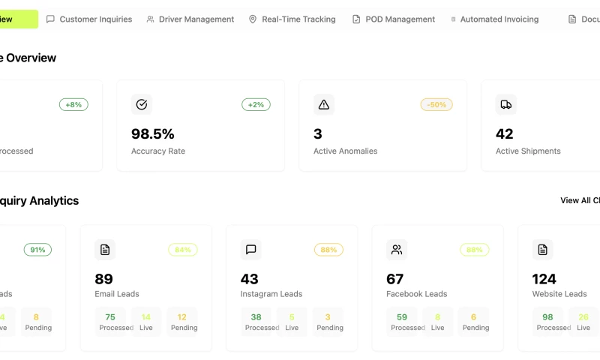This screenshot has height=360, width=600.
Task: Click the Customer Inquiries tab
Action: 89,19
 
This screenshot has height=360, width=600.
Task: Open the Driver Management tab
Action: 190,19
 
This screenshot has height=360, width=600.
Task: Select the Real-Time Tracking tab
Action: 292,19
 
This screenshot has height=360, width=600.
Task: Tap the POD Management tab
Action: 394,19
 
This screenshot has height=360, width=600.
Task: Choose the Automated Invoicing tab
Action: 495,19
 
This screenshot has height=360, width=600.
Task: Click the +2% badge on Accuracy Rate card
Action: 256,105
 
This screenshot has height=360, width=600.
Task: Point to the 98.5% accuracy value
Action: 153,134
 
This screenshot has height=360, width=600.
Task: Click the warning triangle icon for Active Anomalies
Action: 324,105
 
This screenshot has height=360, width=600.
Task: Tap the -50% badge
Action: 436,105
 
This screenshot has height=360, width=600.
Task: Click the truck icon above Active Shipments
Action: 506,105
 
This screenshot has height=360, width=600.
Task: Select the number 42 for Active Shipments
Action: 505,134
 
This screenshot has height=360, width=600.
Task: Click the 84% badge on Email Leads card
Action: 183,250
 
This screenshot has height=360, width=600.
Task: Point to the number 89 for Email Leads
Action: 103,279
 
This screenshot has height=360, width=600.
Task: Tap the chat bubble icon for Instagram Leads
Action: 251,250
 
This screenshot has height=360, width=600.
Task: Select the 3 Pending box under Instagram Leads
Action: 328,322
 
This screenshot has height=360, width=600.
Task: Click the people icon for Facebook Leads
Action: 397,250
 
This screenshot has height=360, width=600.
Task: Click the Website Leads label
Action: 559,294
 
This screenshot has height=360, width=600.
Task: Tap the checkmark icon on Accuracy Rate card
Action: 142,105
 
